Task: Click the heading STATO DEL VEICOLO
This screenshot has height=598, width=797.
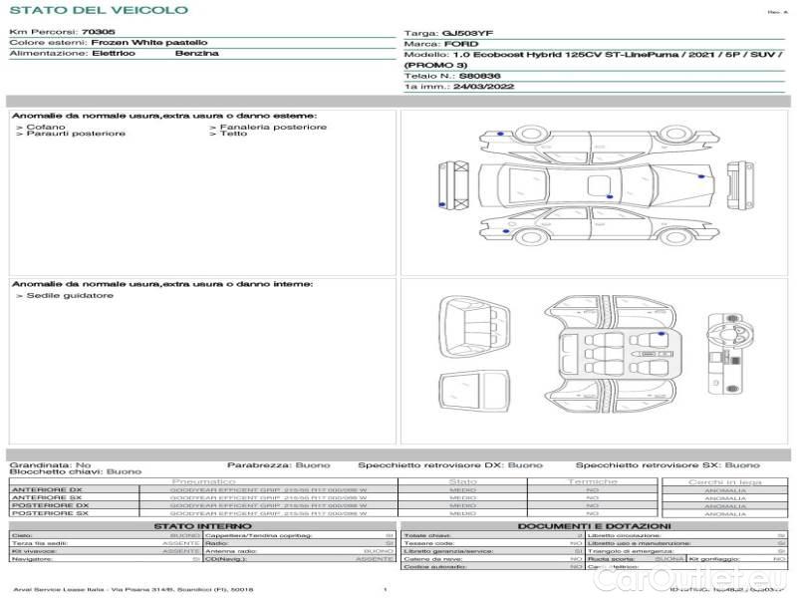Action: (98, 10)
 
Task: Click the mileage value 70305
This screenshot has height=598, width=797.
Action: (97, 32)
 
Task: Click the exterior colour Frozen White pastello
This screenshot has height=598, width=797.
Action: (149, 43)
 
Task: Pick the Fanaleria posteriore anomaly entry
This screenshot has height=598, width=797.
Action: (271, 127)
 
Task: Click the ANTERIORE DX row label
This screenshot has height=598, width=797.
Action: (47, 489)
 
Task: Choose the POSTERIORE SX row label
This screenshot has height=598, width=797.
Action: (47, 513)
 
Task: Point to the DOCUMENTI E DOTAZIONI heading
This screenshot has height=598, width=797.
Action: (595, 525)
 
